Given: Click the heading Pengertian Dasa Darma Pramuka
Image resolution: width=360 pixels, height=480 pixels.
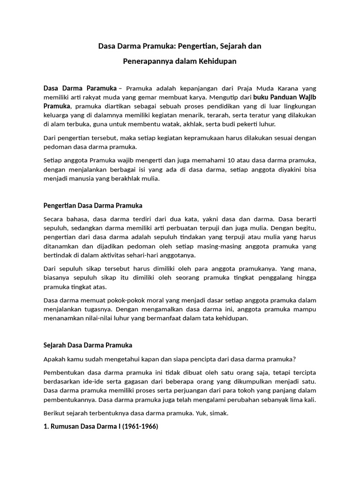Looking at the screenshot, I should click(93, 205).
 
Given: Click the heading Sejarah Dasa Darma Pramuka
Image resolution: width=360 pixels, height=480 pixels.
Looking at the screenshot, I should click(88, 345).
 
